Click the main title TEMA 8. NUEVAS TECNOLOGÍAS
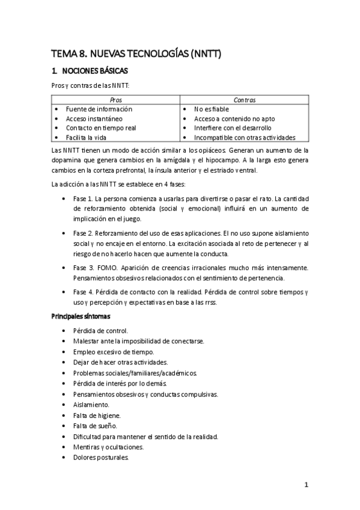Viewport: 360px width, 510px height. (136, 54)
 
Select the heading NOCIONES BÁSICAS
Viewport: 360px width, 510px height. (96, 70)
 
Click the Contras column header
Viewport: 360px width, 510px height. (245, 100)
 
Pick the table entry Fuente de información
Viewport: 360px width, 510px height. (99, 109)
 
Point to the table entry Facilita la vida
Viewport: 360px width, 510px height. (90, 137)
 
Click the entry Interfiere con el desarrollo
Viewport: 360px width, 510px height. (233, 128)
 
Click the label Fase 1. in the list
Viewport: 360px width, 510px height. (83, 199)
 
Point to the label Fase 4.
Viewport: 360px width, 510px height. (83, 292)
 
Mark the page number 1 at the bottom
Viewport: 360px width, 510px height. (306, 485)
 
